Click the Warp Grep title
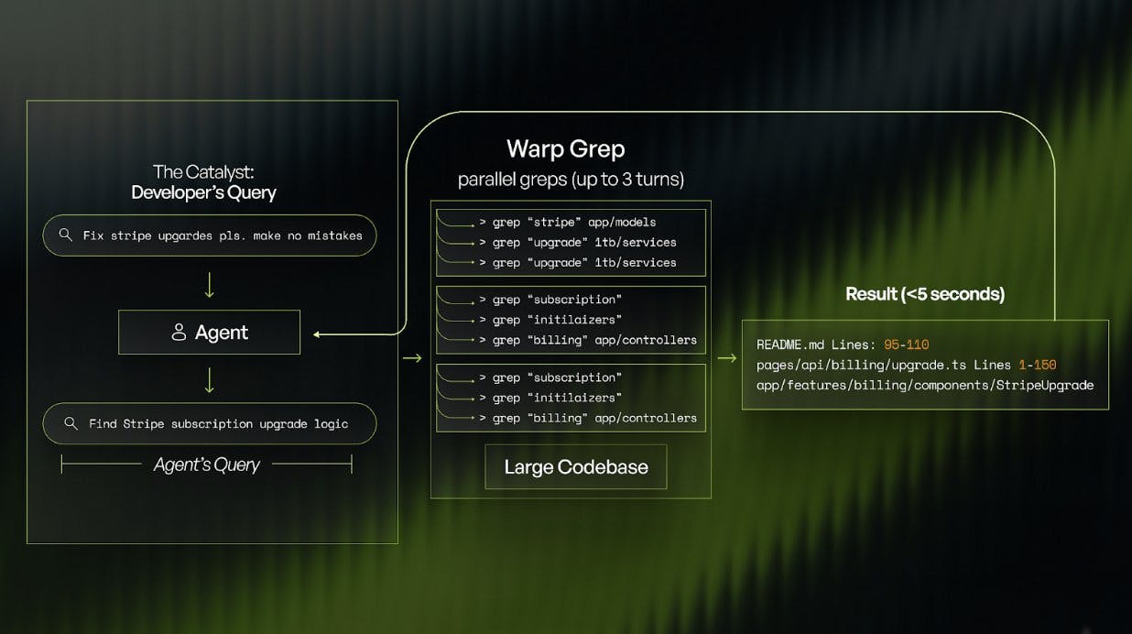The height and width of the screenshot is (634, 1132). coord(565,148)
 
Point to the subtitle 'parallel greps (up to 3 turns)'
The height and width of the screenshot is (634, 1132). coord(571,179)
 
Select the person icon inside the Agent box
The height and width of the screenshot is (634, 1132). coord(179,333)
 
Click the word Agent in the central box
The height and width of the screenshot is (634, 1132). coord(221,333)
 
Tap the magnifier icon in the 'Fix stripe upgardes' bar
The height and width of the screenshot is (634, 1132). coord(65,235)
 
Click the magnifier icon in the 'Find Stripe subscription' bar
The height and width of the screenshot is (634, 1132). coord(71,423)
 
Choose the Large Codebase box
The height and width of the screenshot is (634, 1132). coord(575,467)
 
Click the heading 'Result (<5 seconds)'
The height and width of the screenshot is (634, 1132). coord(924,294)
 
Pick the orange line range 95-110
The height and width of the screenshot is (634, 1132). coord(906,344)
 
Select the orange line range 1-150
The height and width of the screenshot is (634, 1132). coord(1037,365)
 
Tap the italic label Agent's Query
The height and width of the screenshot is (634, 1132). coord(206,465)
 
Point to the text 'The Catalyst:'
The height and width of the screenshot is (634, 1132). coord(203,171)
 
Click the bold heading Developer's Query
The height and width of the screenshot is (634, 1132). coord(203,192)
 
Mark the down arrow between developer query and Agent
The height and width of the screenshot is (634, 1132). coord(209,284)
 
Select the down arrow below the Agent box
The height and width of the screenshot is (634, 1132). coord(209,379)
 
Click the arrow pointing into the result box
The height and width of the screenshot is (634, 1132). coord(726,358)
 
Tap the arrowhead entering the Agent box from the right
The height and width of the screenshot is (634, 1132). coord(317,334)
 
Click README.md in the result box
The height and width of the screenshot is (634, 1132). coord(789,344)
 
